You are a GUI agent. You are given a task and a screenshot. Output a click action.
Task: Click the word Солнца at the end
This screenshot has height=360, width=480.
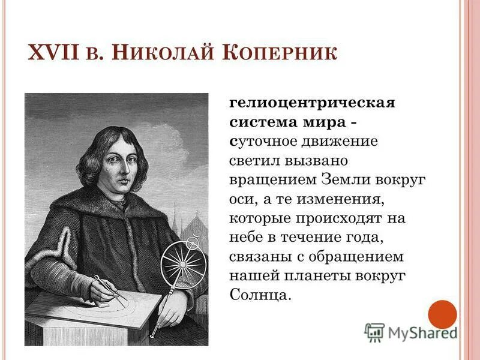259,295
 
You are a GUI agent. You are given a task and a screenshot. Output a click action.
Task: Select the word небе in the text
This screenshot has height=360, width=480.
245,237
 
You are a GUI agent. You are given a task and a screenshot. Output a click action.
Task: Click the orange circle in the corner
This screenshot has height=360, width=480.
442,314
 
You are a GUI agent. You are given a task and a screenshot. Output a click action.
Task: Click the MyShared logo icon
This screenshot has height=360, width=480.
374,332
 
